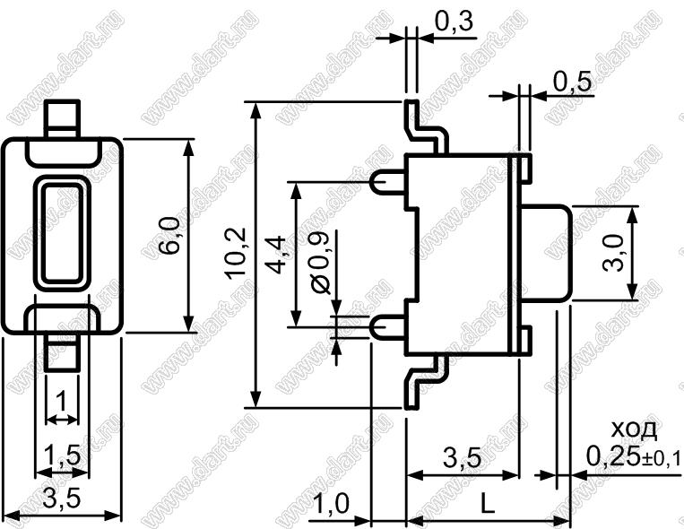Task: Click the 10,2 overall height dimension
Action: [236, 253]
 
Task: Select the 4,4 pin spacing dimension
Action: [276, 255]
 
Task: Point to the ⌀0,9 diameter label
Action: [322, 261]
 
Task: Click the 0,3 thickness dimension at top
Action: [454, 21]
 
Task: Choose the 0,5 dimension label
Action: [573, 82]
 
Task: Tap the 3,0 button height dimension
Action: [614, 253]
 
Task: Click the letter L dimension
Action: [488, 506]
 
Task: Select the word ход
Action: [634, 429]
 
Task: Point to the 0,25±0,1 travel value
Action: [633, 456]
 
